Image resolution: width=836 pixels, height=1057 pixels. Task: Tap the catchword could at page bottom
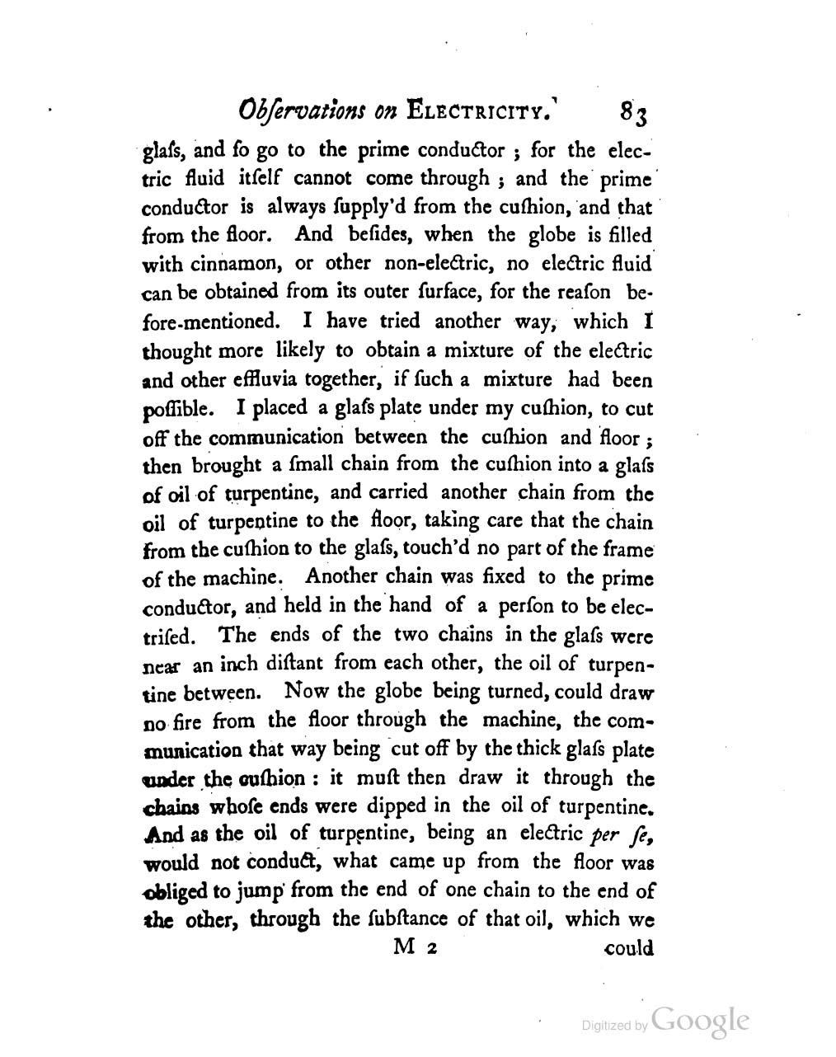pyautogui.click(x=628, y=948)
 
